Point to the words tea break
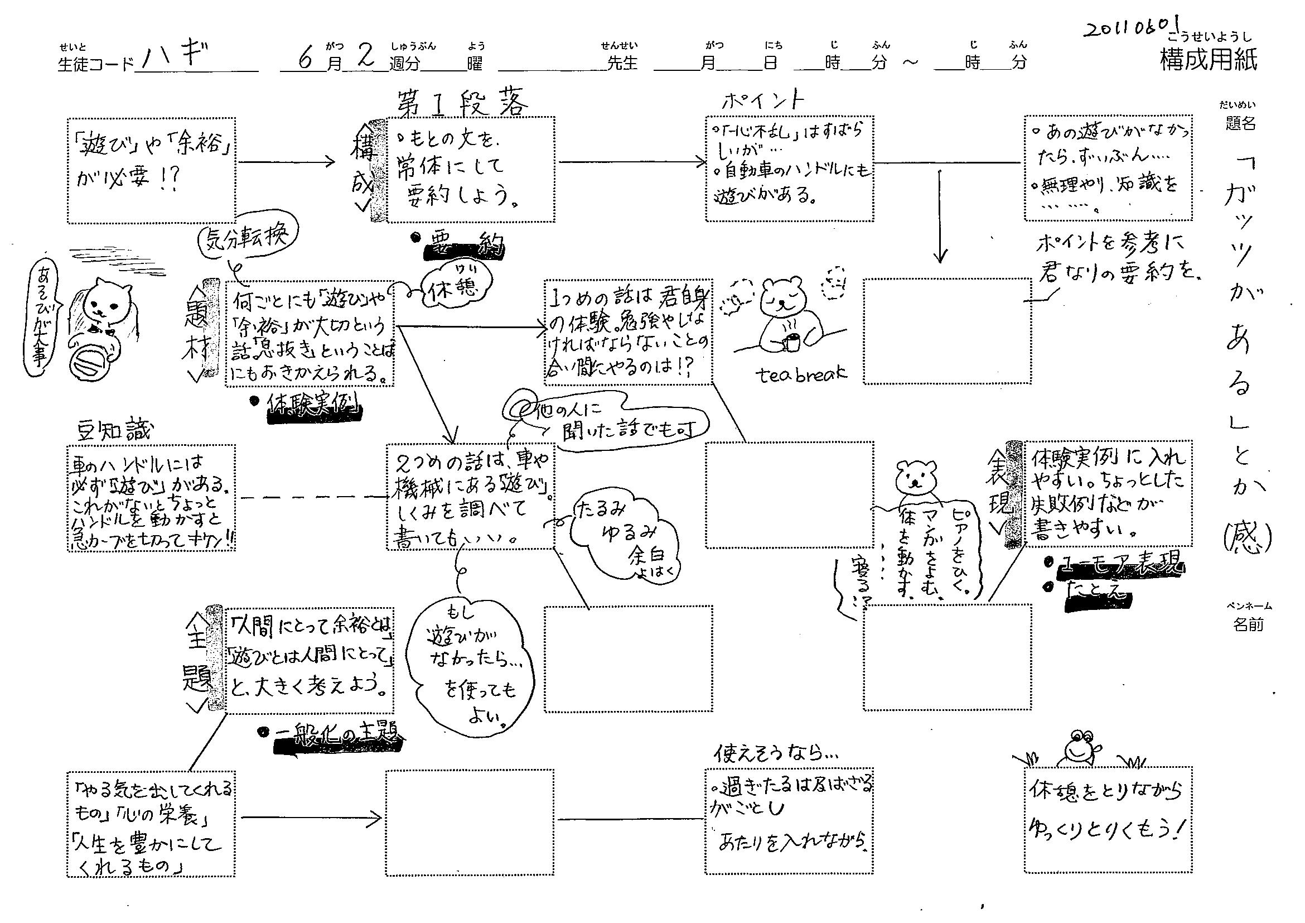801,374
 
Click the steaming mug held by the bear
791,342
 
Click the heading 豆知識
115,430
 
